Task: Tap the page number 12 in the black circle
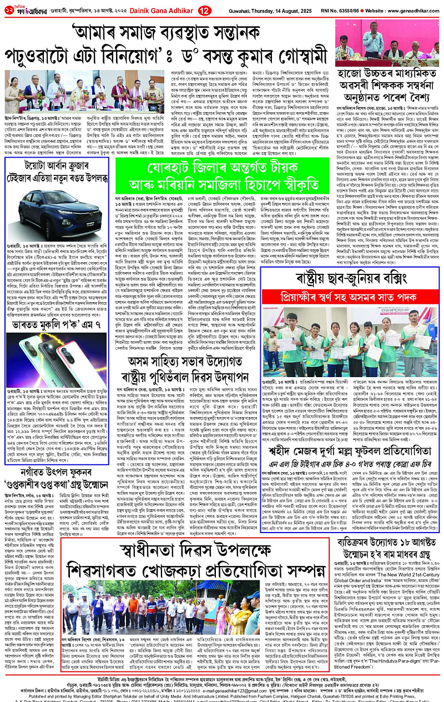coord(188,10)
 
